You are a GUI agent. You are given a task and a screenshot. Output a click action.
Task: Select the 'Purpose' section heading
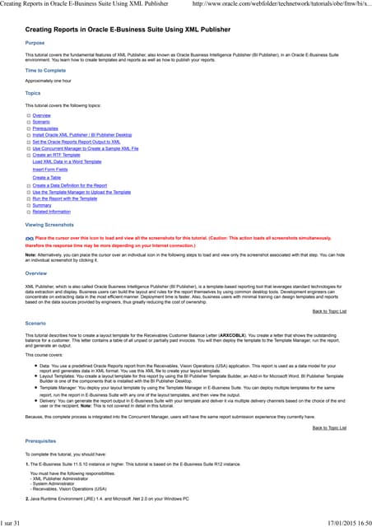tap(35, 42)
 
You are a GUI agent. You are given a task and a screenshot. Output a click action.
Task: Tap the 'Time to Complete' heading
tap(45, 71)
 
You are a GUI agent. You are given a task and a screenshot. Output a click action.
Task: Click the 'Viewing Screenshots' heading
tap(49, 224)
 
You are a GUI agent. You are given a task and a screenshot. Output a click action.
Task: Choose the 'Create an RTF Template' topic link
tap(56, 154)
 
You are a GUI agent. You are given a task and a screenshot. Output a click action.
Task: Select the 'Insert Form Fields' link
tap(51, 169)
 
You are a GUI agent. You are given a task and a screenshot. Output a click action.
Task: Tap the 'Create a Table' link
tap(47, 177)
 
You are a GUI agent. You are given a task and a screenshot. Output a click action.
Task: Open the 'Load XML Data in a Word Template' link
tap(67, 161)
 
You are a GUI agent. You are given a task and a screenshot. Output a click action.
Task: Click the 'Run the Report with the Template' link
tap(65, 198)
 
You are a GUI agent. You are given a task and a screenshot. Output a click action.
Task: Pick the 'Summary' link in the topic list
tap(42, 205)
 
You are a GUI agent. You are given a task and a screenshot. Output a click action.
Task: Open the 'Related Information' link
tap(51, 212)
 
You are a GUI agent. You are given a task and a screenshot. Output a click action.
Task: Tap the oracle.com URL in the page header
tap(280, 7)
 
